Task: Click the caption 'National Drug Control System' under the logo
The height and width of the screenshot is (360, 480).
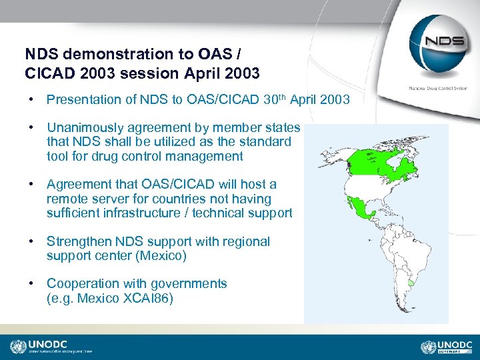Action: click(x=437, y=87)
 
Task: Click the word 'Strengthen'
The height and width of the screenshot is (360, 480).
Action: click(x=79, y=241)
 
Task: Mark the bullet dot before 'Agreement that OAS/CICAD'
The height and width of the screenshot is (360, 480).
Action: click(x=31, y=185)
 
